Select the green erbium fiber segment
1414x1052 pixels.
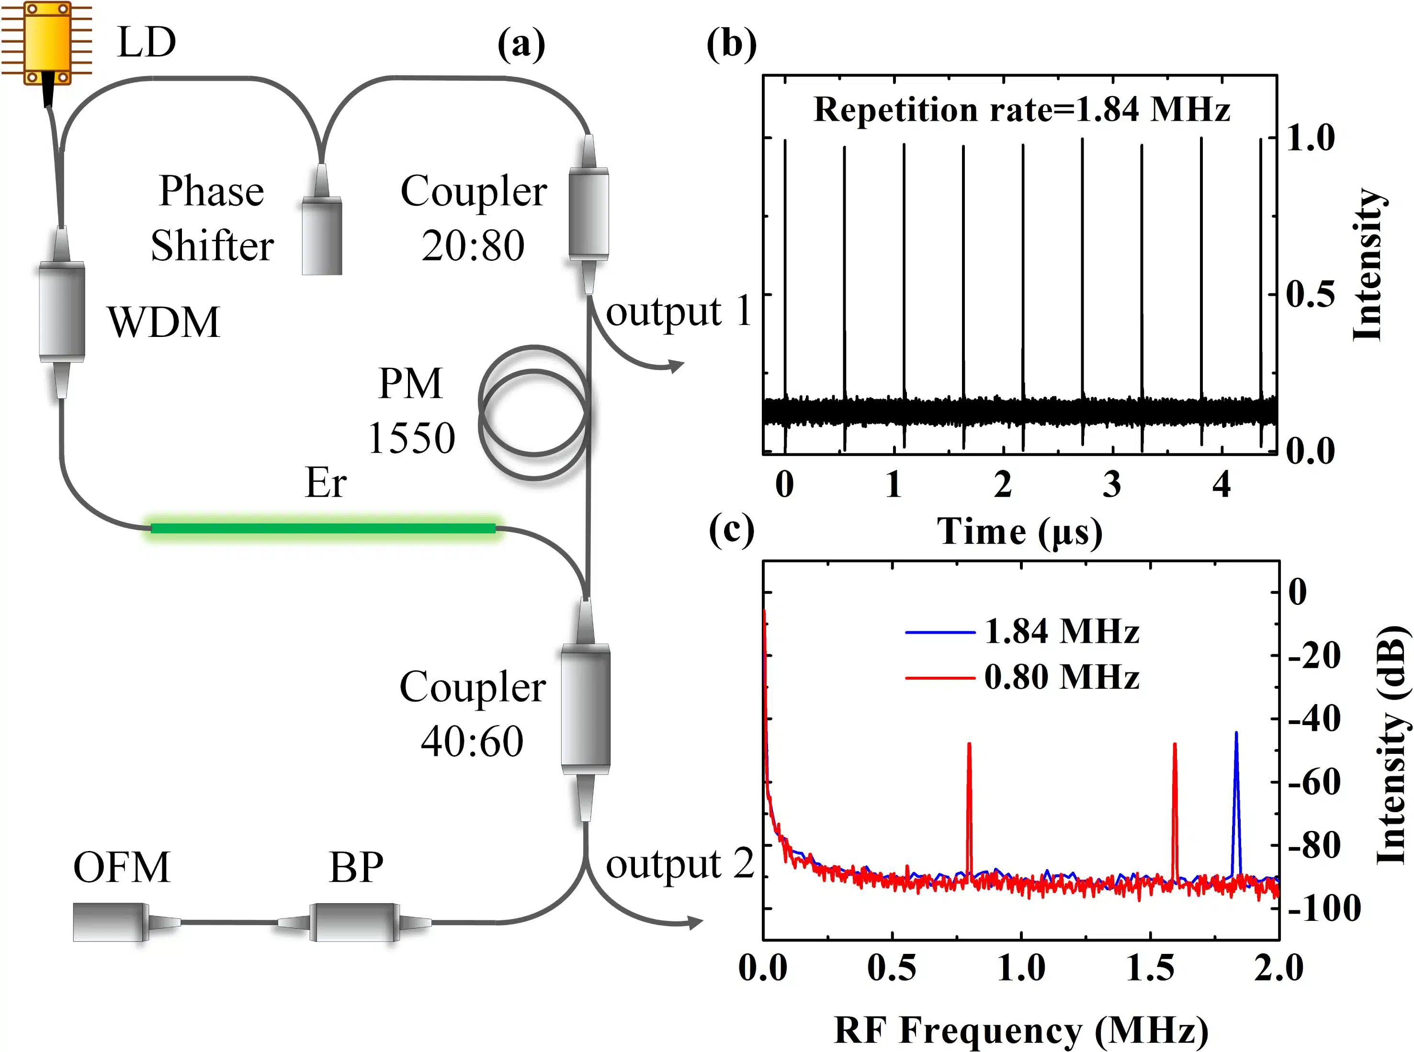pos(323,528)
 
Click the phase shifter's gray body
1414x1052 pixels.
pos(322,237)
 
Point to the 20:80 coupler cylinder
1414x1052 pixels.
pos(588,214)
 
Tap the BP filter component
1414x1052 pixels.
pos(354,921)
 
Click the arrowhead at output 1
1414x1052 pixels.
pos(677,366)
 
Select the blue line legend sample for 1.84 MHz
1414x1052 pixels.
pos(940,632)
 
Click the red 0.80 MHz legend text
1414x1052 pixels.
pos(1061,677)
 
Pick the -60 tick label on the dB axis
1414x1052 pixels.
pos(1314,783)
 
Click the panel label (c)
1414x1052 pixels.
pos(731,530)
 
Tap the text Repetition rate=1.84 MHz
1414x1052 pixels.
pos(1022,110)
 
